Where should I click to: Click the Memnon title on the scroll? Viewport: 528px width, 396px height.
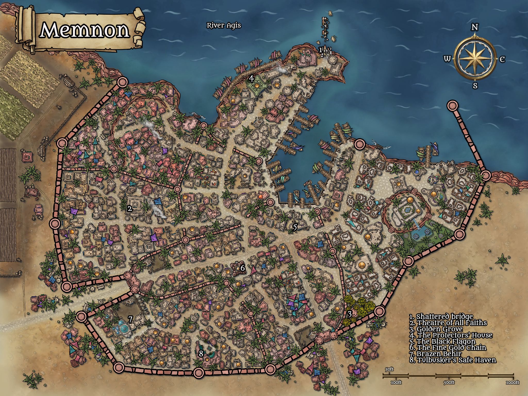pyautogui.click(x=85, y=30)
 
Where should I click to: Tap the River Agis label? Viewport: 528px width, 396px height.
pyautogui.click(x=224, y=25)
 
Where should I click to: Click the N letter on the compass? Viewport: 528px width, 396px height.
pyautogui.click(x=475, y=27)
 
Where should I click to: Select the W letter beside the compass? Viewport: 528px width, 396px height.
pyautogui.click(x=447, y=59)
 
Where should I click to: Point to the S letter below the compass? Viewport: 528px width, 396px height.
pyautogui.click(x=475, y=86)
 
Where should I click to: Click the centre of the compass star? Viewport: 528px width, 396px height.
pyautogui.click(x=475, y=59)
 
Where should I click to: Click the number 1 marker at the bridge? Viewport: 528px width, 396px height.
pyautogui.click(x=321, y=50)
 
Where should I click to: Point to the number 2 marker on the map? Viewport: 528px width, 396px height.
pyautogui.click(x=129, y=209)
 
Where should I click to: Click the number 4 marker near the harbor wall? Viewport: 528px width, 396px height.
pyautogui.click(x=251, y=78)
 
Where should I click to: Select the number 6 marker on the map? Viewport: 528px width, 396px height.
pyautogui.click(x=242, y=268)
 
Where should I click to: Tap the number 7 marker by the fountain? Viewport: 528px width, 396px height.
pyautogui.click(x=130, y=320)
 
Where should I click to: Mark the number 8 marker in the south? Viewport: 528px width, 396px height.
pyautogui.click(x=201, y=354)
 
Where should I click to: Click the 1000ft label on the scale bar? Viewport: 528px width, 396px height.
pyautogui.click(x=513, y=382)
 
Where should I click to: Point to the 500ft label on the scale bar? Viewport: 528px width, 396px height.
pyautogui.click(x=449, y=382)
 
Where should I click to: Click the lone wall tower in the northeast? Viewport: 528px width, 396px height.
pyautogui.click(x=452, y=106)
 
